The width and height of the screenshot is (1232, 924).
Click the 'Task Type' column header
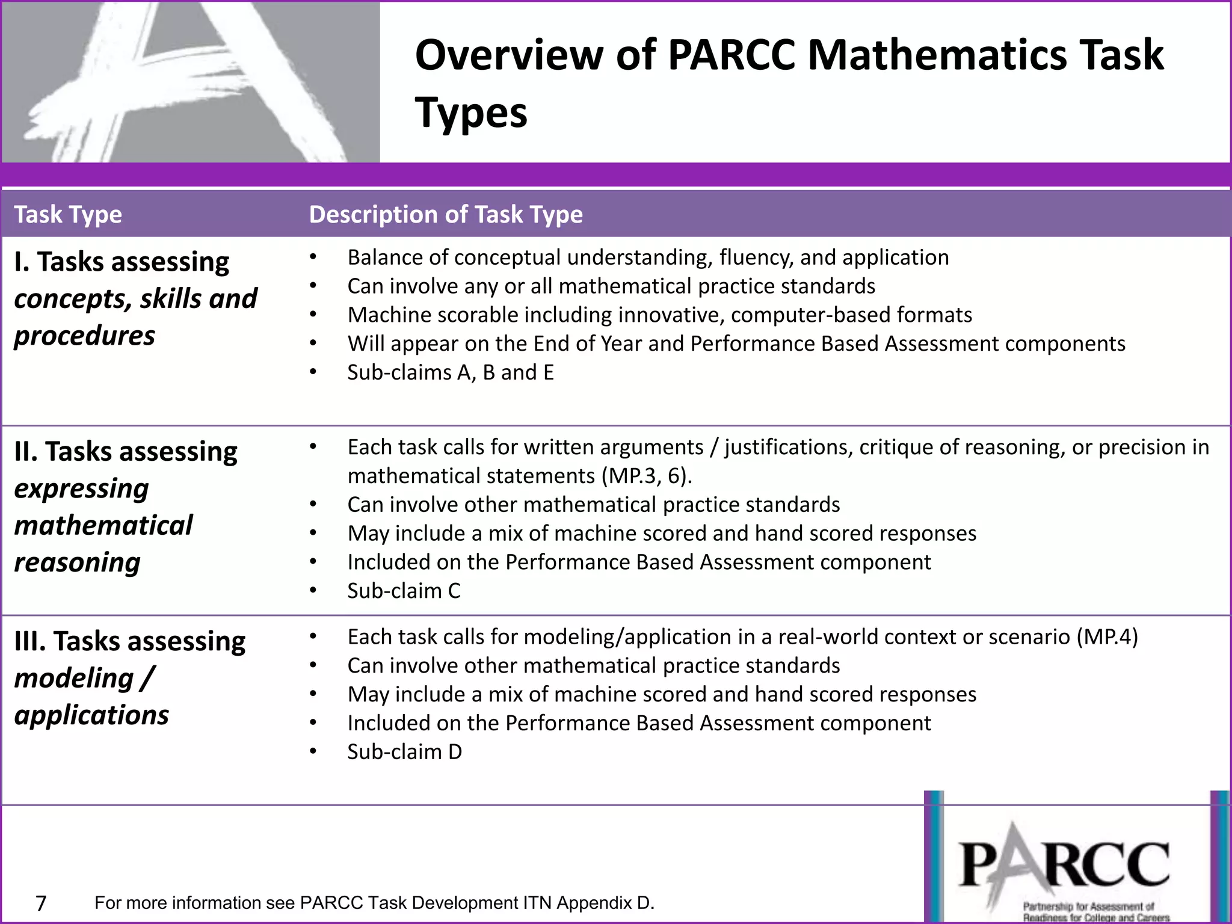click(x=68, y=215)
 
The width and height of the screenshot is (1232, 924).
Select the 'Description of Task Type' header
click(x=446, y=215)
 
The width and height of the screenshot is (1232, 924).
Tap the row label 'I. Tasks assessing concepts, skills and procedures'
click(x=135, y=299)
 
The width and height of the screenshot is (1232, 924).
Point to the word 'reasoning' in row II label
click(x=78, y=562)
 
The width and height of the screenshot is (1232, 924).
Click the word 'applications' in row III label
click(x=91, y=715)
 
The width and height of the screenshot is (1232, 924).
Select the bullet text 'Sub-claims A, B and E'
click(x=451, y=372)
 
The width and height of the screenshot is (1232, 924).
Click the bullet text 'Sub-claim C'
click(x=404, y=591)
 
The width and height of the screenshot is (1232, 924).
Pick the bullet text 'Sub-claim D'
click(x=404, y=752)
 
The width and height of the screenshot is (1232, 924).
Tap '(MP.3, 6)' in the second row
click(x=647, y=476)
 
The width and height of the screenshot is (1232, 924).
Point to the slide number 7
click(x=41, y=903)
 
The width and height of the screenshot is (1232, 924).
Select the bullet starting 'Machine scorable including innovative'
click(x=659, y=315)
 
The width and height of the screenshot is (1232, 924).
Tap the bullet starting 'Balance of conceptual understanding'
click(x=648, y=257)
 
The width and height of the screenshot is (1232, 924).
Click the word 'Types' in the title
click(x=471, y=113)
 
